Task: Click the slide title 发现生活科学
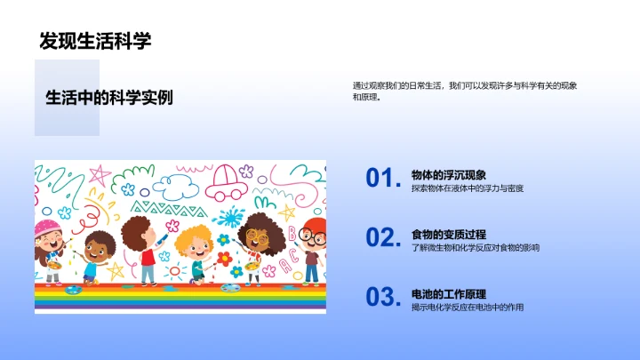[95, 41]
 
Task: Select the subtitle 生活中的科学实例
[108, 98]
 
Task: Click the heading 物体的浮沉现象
[449, 175]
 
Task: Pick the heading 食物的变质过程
[449, 235]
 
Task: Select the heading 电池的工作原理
[449, 294]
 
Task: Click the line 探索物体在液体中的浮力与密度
[468, 189]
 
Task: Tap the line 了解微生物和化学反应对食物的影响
[476, 248]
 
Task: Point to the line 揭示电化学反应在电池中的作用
[468, 308]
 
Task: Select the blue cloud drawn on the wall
[175, 186]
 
